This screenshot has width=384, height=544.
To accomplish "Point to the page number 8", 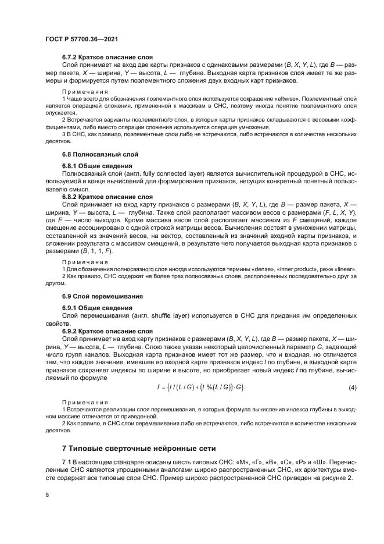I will [x=47, y=494].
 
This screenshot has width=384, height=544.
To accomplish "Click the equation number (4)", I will [x=352, y=387].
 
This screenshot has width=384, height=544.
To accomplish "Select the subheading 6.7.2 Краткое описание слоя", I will [x=107, y=57].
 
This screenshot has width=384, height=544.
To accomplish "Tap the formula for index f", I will [x=201, y=387].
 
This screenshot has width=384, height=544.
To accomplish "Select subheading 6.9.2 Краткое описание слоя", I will [x=107, y=331].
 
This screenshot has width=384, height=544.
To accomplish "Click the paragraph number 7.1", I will [x=67, y=461].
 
